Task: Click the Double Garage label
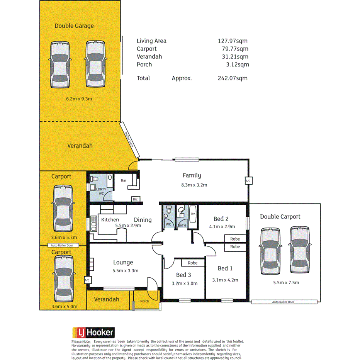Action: tap(74, 26)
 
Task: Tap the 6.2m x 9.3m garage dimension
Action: tap(79, 99)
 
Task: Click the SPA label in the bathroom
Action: tap(193, 213)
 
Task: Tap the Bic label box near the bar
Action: tap(135, 199)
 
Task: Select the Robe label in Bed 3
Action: tap(193, 263)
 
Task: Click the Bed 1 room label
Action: tap(225, 268)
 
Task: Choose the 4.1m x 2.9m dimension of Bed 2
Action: tap(222, 227)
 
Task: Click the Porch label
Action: tap(144, 301)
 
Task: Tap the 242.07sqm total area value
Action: tap(233, 78)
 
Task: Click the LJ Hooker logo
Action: tap(93, 332)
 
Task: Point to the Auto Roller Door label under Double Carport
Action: tap(283, 302)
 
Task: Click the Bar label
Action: tap(124, 180)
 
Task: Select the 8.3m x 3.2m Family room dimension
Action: tap(195, 185)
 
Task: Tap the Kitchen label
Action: tap(110, 219)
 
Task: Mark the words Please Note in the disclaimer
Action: tap(81, 341)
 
